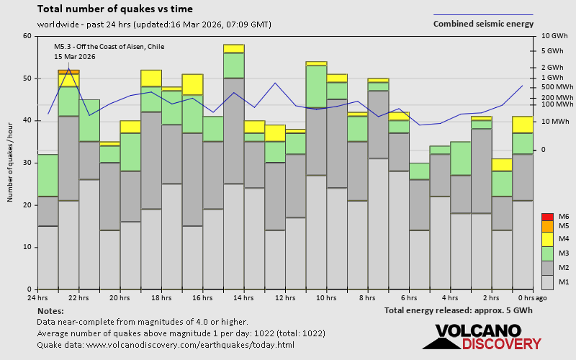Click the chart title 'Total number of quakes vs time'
coord(114,9)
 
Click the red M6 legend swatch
coord(546,217)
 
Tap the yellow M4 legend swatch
coord(546,238)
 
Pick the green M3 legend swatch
coord(546,253)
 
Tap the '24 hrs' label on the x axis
coord(37,297)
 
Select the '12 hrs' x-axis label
coord(285,297)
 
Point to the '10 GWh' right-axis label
coord(554,36)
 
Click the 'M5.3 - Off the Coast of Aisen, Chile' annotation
coord(109,47)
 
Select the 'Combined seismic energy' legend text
coord(483,24)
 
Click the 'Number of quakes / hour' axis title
coord(11,162)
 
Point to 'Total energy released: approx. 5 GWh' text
coord(459,310)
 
